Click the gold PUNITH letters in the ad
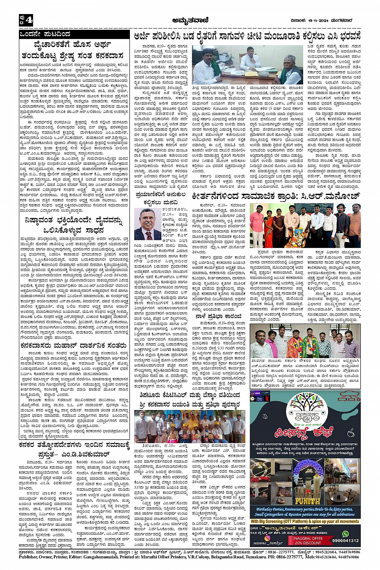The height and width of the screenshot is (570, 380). tap(307, 500)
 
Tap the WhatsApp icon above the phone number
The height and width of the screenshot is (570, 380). tap(344, 534)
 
